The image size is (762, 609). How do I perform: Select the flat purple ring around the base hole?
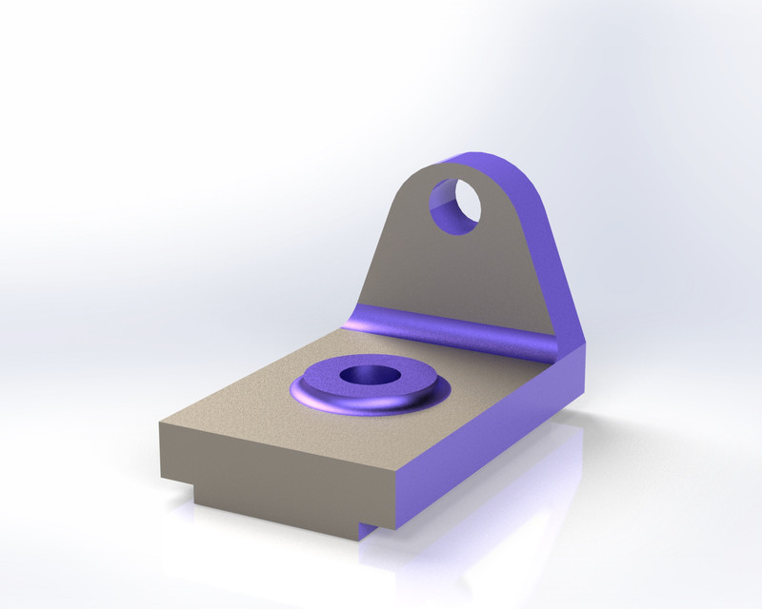point(400,386)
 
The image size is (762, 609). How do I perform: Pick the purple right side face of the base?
point(495,428)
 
